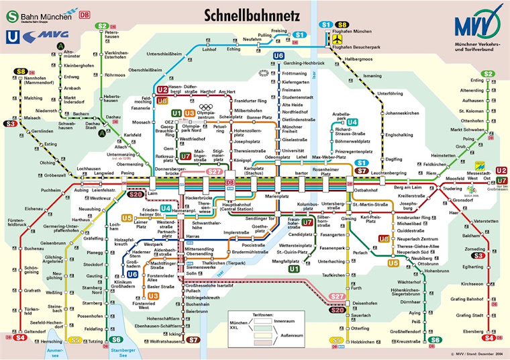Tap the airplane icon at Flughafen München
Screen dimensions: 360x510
(338, 40)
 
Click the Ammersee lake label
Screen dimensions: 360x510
(58, 352)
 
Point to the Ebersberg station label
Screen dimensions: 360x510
(468, 330)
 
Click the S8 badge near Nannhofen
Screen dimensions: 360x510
(21, 71)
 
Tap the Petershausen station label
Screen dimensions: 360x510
(111, 35)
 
